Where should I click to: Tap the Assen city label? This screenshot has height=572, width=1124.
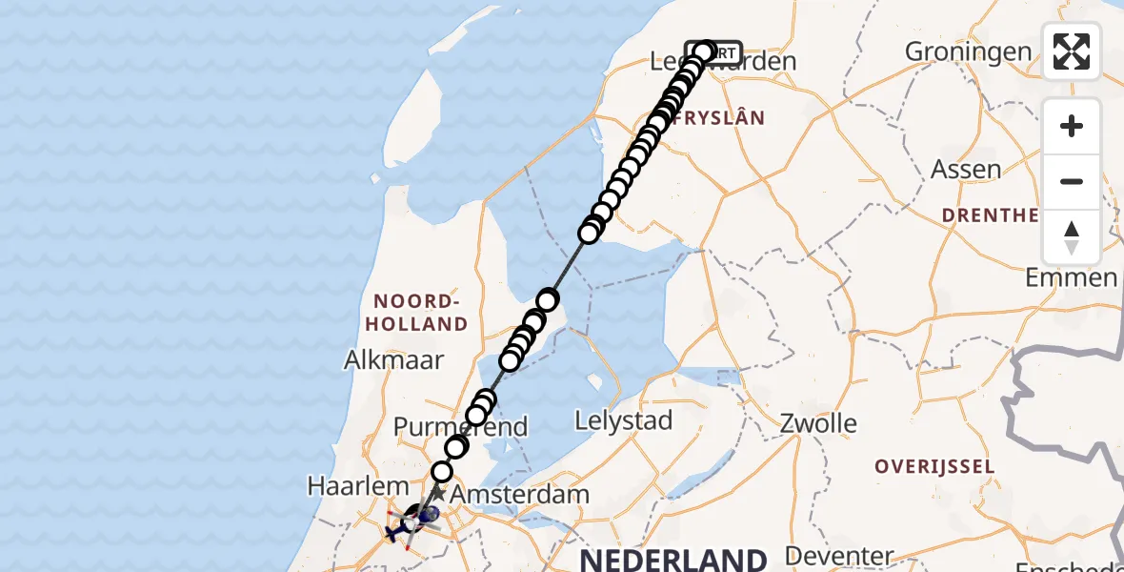(x=965, y=171)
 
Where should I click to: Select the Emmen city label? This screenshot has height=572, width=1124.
(x=1071, y=278)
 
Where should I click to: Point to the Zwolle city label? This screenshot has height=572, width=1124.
(x=818, y=423)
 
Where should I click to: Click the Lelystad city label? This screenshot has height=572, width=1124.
(x=624, y=420)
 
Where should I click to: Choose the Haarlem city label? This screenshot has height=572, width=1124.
(x=345, y=485)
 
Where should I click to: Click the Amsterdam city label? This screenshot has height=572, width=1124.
(x=518, y=495)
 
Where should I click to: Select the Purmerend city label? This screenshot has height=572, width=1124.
(x=461, y=426)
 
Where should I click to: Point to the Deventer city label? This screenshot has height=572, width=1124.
(x=839, y=555)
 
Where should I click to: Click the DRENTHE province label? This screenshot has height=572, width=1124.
(x=991, y=215)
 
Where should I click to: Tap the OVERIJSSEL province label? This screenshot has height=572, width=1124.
(x=935, y=467)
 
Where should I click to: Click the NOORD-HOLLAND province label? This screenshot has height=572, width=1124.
(x=417, y=313)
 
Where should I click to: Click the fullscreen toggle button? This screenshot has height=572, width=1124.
(x=1072, y=51)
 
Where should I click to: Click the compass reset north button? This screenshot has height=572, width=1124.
(x=1072, y=237)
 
